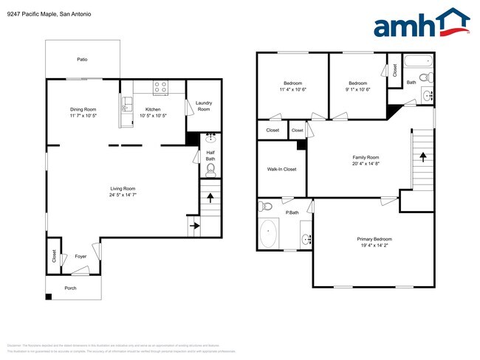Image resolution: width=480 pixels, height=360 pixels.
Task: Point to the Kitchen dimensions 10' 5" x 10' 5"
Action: (x=153, y=115)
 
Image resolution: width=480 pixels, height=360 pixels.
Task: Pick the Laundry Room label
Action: (x=204, y=106)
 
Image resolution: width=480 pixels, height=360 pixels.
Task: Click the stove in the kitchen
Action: (x=160, y=88)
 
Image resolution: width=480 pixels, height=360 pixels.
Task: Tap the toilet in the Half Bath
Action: (x=210, y=170)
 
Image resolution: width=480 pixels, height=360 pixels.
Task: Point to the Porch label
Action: (x=71, y=288)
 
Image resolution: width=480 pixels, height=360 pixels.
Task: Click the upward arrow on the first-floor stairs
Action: (x=210, y=198)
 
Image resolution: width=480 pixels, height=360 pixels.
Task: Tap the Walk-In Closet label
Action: (x=281, y=170)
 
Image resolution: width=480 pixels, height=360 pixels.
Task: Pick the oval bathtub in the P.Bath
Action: (x=269, y=235)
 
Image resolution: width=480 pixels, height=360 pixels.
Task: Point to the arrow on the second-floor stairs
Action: (x=423, y=156)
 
